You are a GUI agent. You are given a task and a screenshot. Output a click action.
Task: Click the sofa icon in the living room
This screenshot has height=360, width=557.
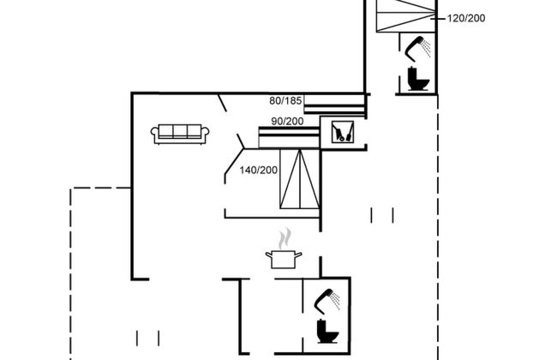click(180, 133)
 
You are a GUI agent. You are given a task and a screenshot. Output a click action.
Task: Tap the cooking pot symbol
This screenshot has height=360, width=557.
click(283, 260)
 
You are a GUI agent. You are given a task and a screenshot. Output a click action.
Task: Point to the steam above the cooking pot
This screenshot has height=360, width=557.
click(284, 237)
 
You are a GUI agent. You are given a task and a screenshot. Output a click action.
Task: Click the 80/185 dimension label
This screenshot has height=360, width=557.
click(285, 101)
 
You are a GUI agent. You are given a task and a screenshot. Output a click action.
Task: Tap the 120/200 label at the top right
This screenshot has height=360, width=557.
click(466, 16)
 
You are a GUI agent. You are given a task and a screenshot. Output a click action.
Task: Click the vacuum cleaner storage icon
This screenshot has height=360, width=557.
click(343, 131)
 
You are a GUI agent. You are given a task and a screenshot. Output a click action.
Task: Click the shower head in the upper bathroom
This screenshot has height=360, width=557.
click(417, 46)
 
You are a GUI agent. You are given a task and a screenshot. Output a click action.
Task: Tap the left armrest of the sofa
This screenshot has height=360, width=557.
click(155, 135)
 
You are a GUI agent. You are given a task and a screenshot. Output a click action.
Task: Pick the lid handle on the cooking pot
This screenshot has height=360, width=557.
click(283, 250)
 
